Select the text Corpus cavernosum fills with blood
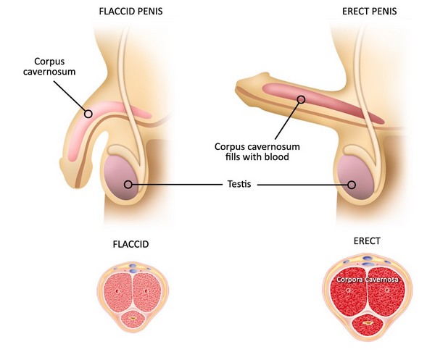click(x=257, y=151)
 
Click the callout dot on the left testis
click(x=128, y=185)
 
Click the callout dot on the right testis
click(x=352, y=185)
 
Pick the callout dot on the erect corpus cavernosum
click(x=300, y=98)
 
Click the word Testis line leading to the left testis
click(x=174, y=185)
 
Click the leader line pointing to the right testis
click(x=304, y=185)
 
